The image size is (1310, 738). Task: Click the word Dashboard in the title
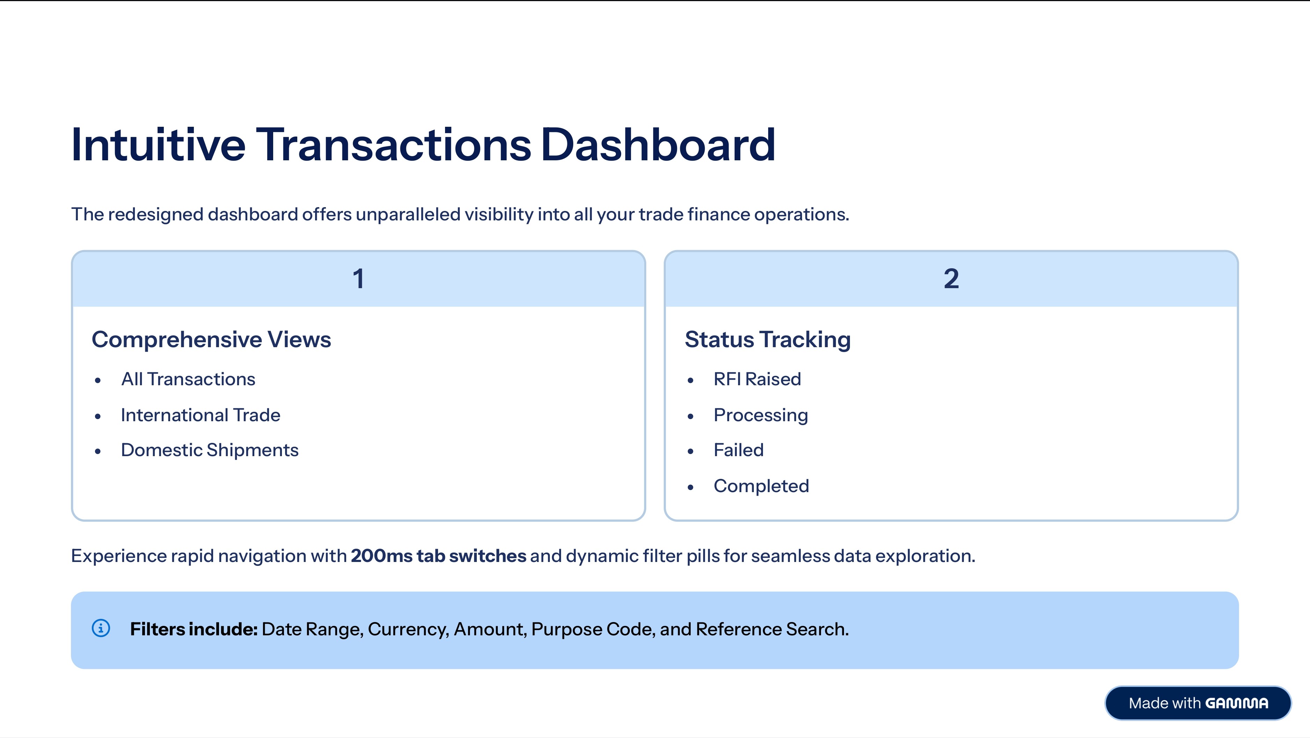[658, 145]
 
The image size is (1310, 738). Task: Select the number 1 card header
[358, 279]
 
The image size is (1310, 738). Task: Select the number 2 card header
[951, 279]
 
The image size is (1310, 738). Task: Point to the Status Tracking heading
[768, 339]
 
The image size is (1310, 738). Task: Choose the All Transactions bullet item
[188, 379]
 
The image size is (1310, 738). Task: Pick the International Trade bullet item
[201, 415]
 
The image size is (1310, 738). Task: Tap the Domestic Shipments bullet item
[210, 450]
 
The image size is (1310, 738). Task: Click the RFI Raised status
[757, 379]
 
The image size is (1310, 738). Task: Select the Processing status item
[761, 415]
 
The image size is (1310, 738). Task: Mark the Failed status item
[738, 450]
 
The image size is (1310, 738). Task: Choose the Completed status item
[761, 486]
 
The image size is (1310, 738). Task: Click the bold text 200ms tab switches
[438, 556]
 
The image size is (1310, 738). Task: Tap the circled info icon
[101, 628]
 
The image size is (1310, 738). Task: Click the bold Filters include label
[194, 629]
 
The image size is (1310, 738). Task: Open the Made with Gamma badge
[1198, 703]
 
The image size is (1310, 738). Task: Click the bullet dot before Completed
[690, 487]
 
